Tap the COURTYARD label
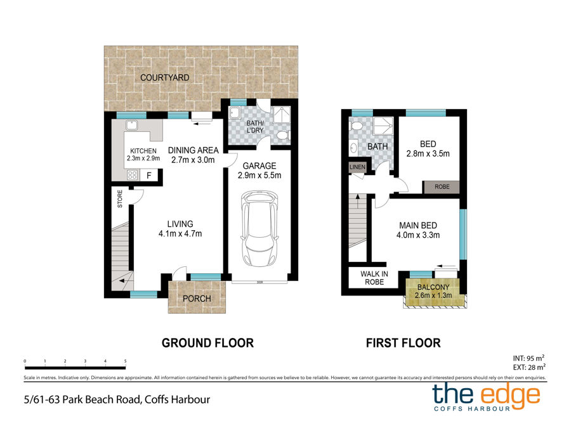[164, 77]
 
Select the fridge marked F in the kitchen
[149, 176]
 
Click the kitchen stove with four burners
[133, 175]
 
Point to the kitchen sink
[131, 125]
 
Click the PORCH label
[197, 299]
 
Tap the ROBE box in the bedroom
[441, 186]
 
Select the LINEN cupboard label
[357, 167]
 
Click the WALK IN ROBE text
[374, 278]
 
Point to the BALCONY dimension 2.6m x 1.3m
[433, 295]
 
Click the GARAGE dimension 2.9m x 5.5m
[259, 175]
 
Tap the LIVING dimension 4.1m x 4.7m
[180, 233]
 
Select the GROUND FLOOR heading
[207, 343]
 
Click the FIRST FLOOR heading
[403, 343]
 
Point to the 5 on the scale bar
[125, 361]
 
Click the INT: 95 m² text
[528, 358]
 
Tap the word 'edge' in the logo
[510, 395]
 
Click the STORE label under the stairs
[120, 198]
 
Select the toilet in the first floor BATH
[356, 126]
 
